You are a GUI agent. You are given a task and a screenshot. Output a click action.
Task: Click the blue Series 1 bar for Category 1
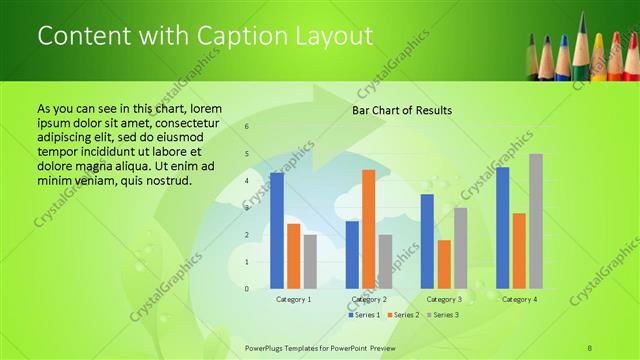tap(277, 231)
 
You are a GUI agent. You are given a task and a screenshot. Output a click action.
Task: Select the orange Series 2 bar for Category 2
tap(368, 229)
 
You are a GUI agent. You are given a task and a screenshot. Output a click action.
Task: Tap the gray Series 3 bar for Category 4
tap(536, 221)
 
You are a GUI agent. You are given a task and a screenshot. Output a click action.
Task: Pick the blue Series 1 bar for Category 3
tap(427, 241)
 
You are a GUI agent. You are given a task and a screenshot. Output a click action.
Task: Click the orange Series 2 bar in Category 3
tap(444, 264)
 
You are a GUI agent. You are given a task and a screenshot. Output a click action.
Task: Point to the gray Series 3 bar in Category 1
tap(310, 261)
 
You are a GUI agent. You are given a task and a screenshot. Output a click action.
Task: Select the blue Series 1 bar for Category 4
tap(502, 228)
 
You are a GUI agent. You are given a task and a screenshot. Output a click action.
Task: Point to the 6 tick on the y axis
tap(247, 127)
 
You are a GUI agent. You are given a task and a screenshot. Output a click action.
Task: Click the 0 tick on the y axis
tap(247, 289)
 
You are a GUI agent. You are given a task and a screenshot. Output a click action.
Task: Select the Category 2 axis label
tap(369, 299)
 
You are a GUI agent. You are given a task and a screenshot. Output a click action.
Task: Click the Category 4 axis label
tap(519, 299)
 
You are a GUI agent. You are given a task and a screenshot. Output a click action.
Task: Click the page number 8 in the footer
tap(590, 347)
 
